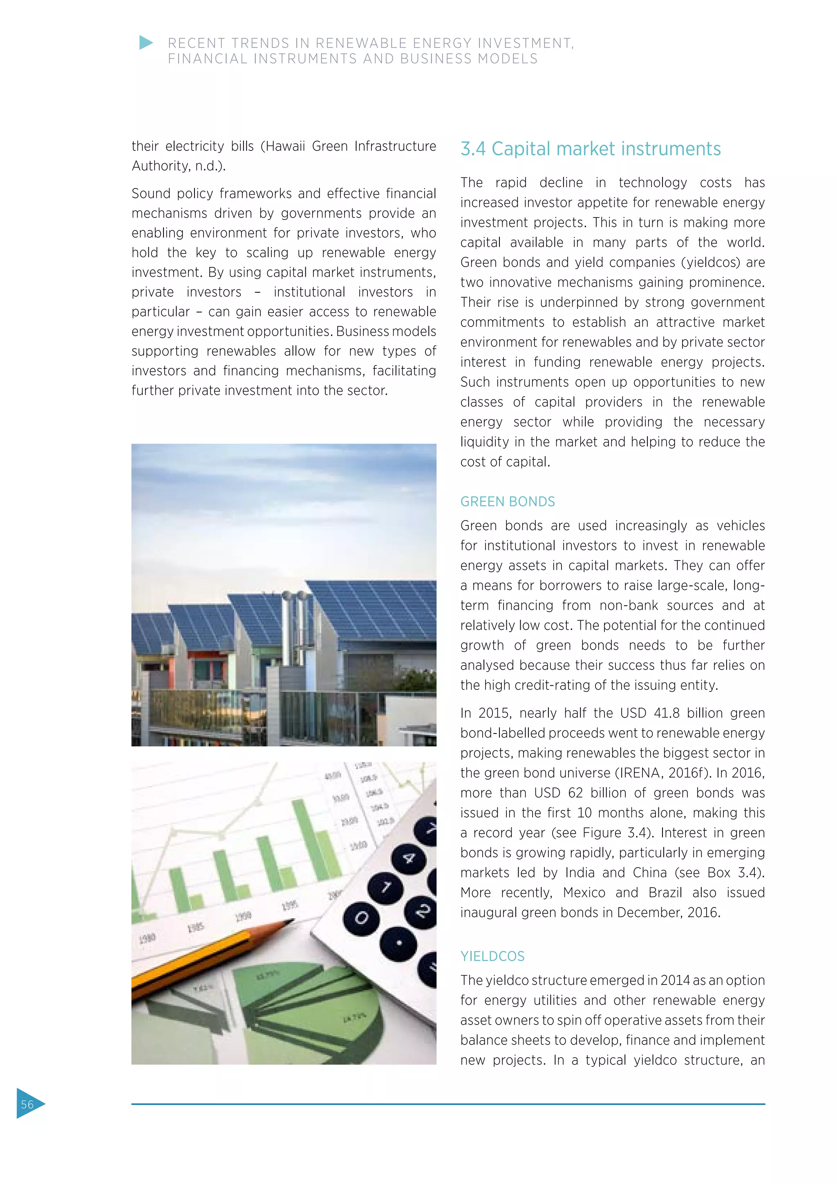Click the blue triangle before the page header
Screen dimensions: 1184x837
click(146, 43)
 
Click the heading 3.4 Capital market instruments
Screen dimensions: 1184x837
click(590, 149)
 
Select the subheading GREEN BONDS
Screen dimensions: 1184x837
click(507, 502)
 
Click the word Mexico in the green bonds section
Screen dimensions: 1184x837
click(584, 892)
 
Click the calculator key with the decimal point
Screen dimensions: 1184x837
click(399, 944)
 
